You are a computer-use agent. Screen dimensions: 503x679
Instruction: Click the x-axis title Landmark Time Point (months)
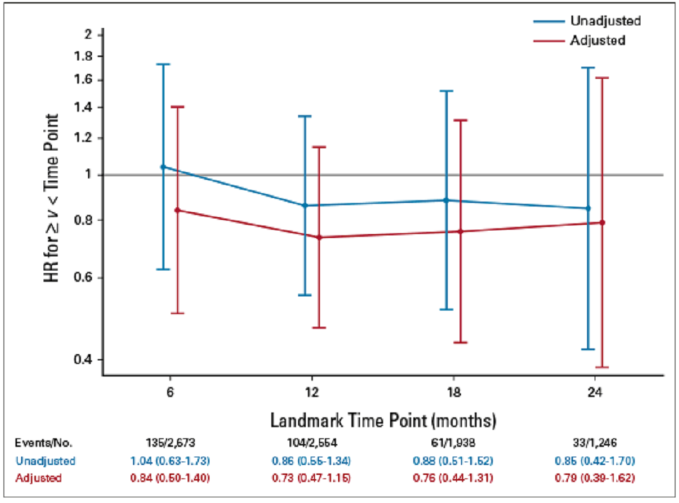point(383,421)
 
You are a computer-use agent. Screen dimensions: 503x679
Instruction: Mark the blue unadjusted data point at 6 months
point(164,167)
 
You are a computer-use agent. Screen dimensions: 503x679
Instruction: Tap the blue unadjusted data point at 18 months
point(446,200)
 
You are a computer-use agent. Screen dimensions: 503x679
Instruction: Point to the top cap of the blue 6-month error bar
point(164,65)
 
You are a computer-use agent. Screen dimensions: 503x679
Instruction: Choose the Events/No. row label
point(44,443)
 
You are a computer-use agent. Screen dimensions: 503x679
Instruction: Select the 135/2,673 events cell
point(169,443)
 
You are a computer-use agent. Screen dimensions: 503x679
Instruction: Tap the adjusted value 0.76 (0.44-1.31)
point(452,478)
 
